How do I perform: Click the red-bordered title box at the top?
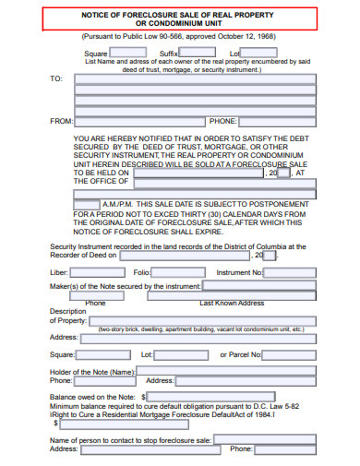click(x=181, y=19)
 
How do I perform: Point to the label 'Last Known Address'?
click(x=233, y=303)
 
